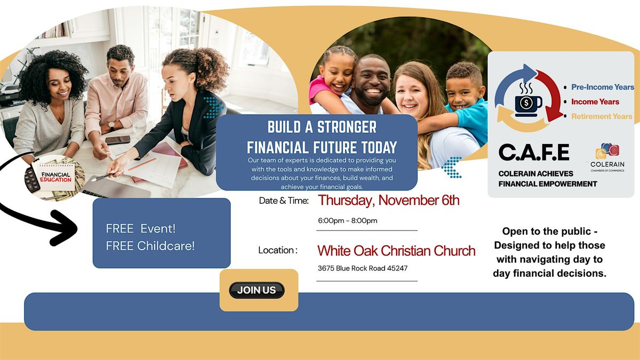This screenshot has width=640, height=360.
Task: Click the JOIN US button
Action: pos(257,290)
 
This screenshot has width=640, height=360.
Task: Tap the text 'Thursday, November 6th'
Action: pos(388,201)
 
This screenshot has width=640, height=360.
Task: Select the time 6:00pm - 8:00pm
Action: pos(347,221)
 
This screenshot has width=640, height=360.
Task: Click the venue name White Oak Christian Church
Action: pos(396,250)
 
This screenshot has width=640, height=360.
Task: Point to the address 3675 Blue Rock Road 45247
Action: pos(362,268)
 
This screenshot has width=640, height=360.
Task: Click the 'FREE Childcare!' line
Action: pos(150,246)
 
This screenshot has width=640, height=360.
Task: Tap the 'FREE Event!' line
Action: pos(141,228)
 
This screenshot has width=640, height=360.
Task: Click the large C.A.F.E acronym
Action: pos(533,153)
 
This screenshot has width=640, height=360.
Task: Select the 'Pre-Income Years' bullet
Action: pos(602,87)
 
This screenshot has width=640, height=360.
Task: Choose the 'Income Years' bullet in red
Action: pos(595,101)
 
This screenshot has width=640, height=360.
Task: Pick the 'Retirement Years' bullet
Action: pos(601,116)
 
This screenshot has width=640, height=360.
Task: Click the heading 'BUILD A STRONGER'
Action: pos(322,127)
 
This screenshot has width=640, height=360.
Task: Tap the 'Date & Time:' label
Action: pos(284,201)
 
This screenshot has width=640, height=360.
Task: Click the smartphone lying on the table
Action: pos(117,140)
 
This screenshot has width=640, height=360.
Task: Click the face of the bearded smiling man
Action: pos(372,82)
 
